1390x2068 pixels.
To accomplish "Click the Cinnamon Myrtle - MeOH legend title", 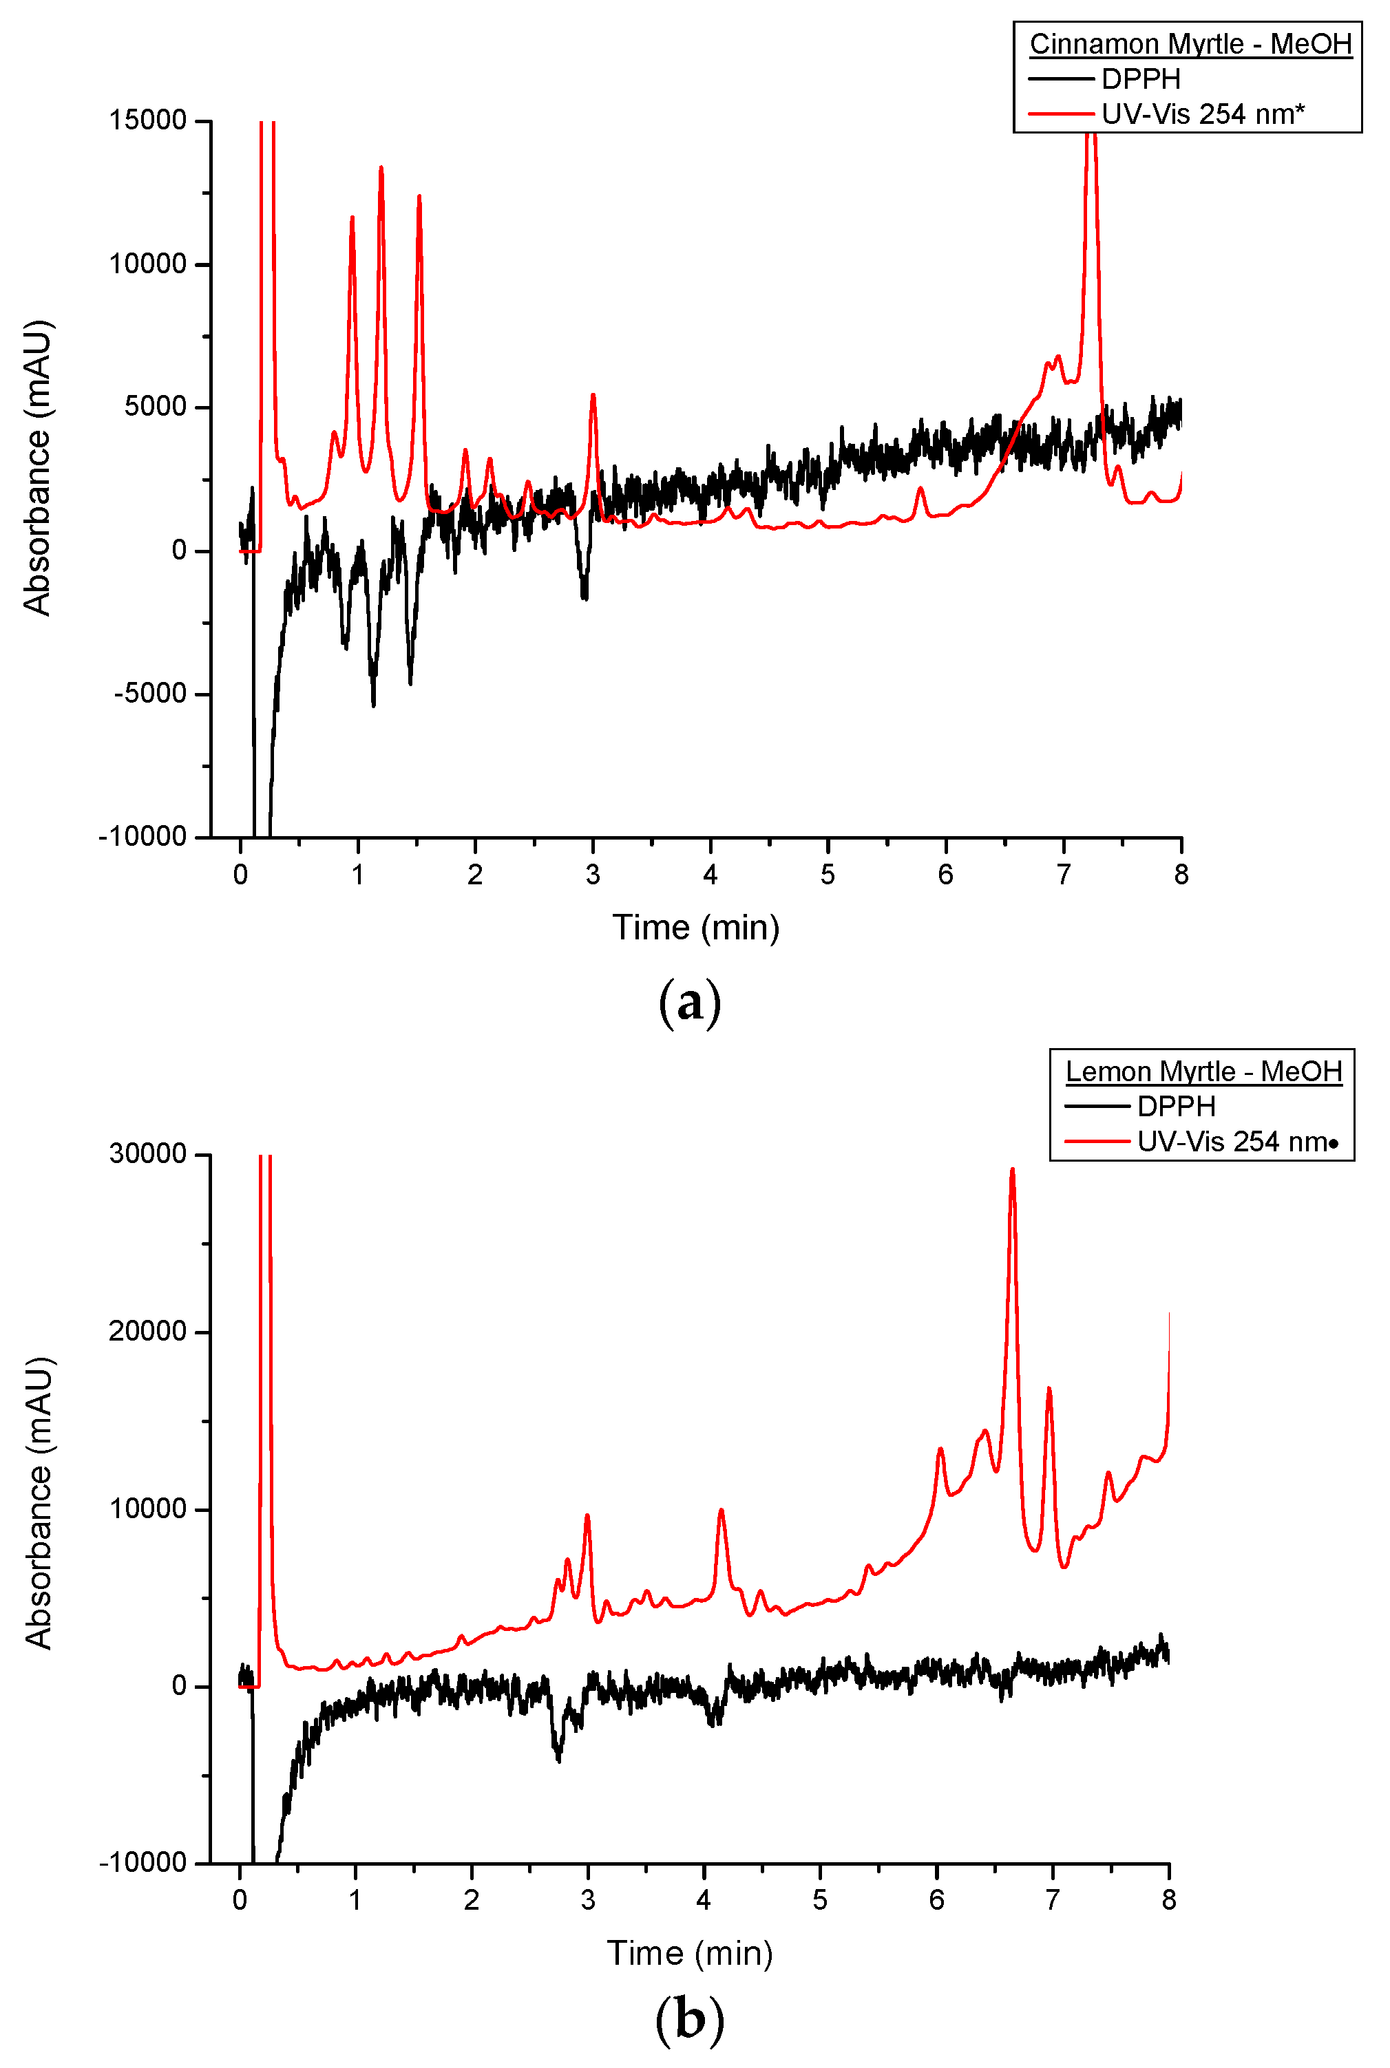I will click(1190, 43).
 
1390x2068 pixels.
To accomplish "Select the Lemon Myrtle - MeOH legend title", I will click(1203, 1072).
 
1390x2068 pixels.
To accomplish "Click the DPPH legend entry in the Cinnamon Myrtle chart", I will click(1141, 80).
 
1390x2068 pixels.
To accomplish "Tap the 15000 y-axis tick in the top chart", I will click(147, 120).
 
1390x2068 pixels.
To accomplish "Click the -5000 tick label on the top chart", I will click(150, 694).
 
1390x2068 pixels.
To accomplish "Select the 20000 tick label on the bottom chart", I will click(147, 1332).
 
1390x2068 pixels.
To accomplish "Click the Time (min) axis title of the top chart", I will click(696, 928).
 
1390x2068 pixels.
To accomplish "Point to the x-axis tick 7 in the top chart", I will click(1063, 875).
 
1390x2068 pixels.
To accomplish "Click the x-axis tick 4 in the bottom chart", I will click(704, 1899).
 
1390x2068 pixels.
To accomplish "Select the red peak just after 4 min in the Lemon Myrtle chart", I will click(722, 1511).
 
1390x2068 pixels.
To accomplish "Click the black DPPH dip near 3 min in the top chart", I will click(585, 595).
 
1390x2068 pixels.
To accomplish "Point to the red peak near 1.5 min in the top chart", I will click(419, 198).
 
